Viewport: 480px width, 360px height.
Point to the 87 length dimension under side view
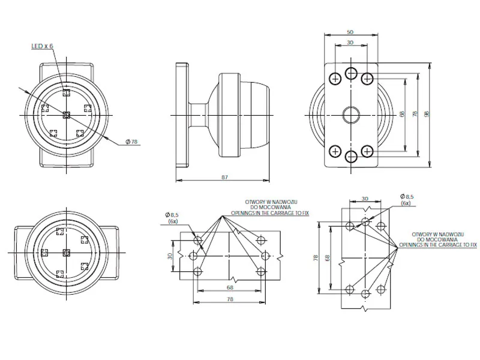click(224, 177)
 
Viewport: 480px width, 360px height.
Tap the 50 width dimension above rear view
click(350, 32)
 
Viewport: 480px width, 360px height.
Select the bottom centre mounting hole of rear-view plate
click(351, 157)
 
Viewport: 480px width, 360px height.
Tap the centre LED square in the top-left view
click(67, 114)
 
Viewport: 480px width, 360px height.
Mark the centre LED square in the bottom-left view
click(67, 253)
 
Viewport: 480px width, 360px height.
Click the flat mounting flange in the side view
click(182, 114)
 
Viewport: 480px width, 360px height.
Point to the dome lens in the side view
click(252, 114)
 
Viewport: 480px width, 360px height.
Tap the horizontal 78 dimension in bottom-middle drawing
click(230, 299)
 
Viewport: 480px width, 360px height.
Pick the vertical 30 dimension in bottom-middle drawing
click(170, 256)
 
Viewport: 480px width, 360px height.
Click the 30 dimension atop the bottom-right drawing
click(365, 199)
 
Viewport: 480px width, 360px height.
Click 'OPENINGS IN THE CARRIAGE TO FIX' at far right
click(438, 245)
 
